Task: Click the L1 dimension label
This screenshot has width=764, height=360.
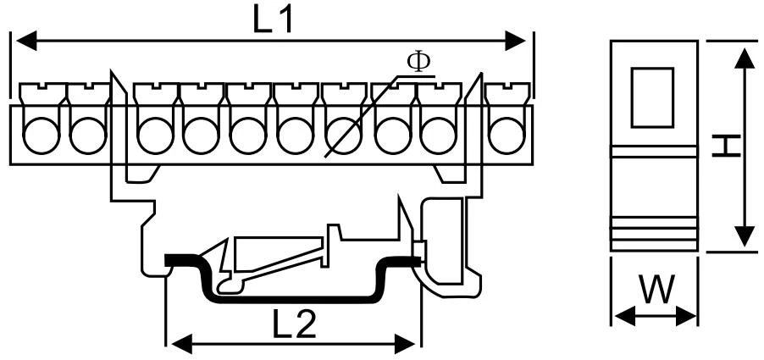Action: (x=273, y=20)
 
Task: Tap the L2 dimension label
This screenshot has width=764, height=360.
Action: (x=293, y=323)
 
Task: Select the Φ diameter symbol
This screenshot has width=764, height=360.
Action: (x=418, y=62)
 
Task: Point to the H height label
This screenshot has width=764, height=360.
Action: (x=726, y=147)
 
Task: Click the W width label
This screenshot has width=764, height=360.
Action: (x=657, y=289)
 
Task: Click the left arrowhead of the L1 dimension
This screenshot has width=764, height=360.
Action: (x=26, y=41)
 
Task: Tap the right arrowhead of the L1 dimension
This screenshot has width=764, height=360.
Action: (x=516, y=41)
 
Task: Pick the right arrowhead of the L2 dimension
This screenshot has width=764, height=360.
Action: (x=404, y=344)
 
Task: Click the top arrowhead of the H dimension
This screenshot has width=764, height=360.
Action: (x=745, y=58)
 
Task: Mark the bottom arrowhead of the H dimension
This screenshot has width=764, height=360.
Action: (x=745, y=235)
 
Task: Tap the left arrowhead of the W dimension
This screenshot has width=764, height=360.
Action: (x=625, y=316)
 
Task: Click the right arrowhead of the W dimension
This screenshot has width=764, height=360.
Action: (x=687, y=316)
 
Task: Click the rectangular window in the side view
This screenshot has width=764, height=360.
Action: (x=652, y=97)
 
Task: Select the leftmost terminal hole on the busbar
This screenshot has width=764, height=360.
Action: (x=42, y=136)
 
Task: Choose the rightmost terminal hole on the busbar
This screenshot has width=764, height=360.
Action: (x=507, y=136)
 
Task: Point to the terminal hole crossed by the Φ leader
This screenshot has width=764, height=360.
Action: (x=344, y=136)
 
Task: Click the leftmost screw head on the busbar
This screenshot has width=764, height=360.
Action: (x=42, y=92)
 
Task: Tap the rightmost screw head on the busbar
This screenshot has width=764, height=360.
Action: (x=507, y=92)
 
